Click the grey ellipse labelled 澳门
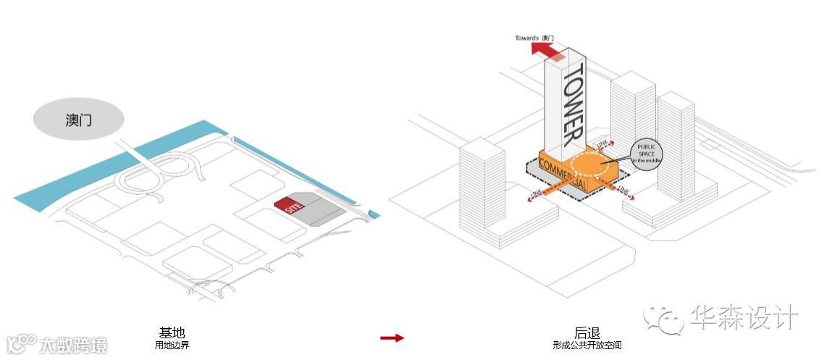coord(78,120)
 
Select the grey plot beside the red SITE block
coord(319,210)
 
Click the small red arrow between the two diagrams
coord(392,338)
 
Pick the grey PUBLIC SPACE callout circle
coord(646,154)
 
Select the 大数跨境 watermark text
coord(73,345)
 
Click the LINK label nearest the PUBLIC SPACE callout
coord(600,145)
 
